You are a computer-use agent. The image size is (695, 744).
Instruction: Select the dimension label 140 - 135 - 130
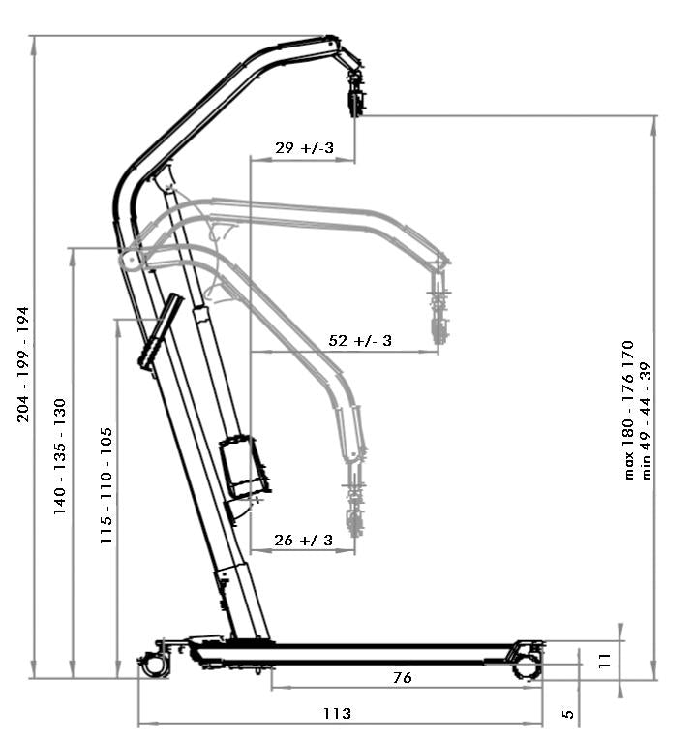(60, 456)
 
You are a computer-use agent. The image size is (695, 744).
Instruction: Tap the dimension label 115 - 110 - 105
(106, 485)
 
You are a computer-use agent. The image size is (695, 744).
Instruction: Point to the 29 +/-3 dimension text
(304, 148)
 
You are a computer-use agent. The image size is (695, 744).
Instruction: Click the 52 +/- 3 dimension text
(360, 341)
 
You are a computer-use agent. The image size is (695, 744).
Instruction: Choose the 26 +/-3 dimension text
(303, 541)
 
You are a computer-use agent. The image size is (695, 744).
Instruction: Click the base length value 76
(403, 678)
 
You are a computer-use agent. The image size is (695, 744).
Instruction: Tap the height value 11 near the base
(604, 660)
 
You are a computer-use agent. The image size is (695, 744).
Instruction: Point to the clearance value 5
(568, 714)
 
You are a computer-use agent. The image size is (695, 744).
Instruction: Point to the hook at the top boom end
(355, 93)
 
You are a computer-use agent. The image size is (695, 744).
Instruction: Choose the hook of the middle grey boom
(439, 315)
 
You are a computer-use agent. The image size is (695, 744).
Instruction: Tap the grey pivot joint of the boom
(129, 260)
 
